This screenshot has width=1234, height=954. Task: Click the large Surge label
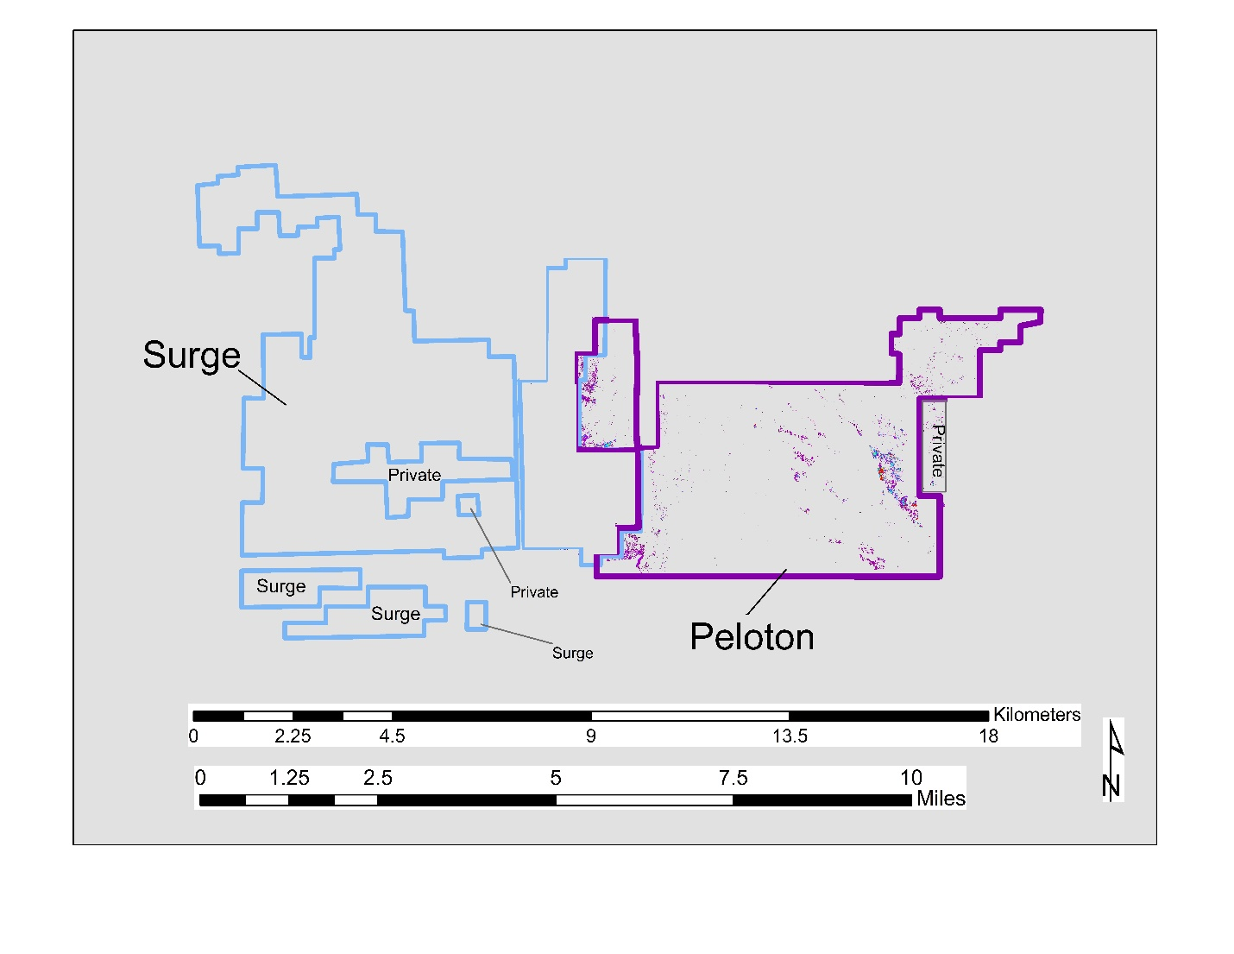pos(192,357)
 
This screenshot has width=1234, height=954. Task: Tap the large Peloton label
pos(752,636)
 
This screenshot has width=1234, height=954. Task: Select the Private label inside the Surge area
pos(414,475)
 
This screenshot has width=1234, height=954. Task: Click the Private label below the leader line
pos(534,592)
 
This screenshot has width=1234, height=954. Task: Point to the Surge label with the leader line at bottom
pos(572,654)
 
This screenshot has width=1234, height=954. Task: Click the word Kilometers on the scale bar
pos(1036,714)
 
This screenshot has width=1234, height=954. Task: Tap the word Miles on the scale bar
pos(941,799)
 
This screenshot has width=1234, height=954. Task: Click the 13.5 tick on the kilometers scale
pos(790,736)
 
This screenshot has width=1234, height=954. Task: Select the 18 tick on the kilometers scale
pos(989,736)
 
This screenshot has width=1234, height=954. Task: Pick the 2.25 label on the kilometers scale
pos(293,736)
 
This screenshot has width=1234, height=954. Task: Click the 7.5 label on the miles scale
pos(733,777)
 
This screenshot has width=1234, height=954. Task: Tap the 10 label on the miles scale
pos(911,777)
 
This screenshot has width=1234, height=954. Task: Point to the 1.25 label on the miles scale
pos(289,777)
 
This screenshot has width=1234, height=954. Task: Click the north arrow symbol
pos(1113,761)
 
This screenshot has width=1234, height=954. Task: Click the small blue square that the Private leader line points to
pos(468,504)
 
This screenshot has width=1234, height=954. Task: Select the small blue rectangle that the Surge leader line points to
pos(476,616)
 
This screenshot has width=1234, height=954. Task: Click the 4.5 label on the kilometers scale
pos(393,736)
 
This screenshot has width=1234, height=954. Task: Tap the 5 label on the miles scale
pos(556,777)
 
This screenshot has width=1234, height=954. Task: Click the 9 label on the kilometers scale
pos(591,736)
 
